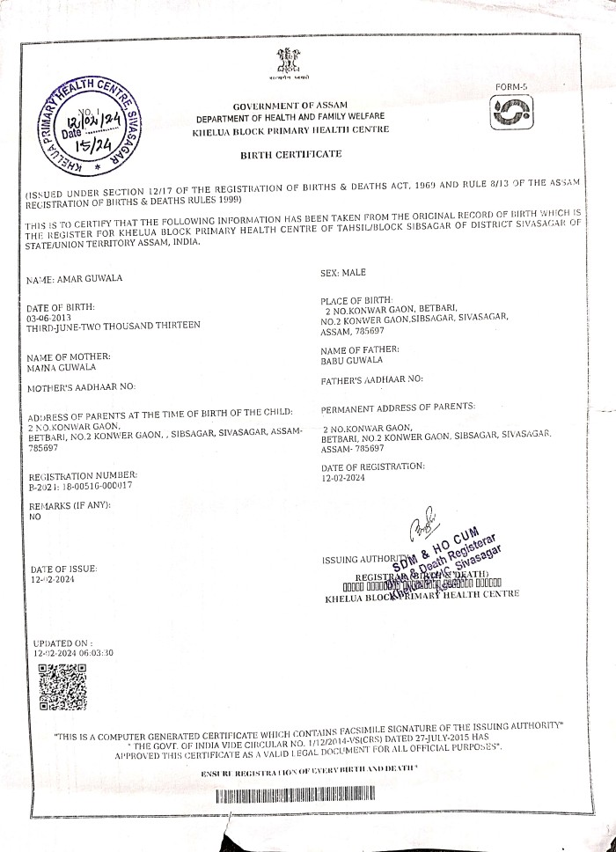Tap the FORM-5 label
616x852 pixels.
[x=511, y=86]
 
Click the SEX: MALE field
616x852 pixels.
[x=344, y=274]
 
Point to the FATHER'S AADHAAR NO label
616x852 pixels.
[x=373, y=379]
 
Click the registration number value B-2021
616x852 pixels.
[x=80, y=485]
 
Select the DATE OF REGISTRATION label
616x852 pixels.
[x=373, y=466]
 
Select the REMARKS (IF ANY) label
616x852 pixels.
[x=70, y=508]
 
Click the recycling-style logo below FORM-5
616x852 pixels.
[x=512, y=114]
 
